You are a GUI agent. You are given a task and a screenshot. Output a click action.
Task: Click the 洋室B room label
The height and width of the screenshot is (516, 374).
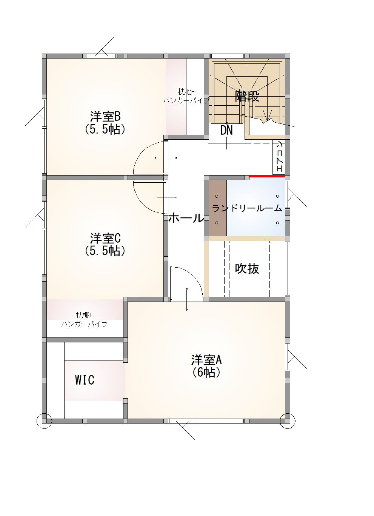(x=105, y=117)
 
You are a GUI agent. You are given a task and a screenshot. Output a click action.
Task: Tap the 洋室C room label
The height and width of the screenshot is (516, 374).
(x=105, y=239)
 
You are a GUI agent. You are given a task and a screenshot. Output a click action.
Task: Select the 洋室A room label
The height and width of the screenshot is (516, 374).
(x=206, y=360)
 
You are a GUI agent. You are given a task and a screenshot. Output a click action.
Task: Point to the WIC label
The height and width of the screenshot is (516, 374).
(x=85, y=380)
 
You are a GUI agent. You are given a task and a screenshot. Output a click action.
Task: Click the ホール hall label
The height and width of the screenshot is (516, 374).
(x=186, y=218)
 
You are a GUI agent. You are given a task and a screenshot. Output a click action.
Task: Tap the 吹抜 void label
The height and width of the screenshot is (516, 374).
(x=247, y=268)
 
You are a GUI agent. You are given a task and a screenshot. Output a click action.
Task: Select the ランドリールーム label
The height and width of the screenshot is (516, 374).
(x=247, y=208)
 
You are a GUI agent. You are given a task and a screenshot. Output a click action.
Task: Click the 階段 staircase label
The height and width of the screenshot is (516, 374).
(x=247, y=97)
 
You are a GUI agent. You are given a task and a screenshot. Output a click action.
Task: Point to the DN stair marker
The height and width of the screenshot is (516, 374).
(x=226, y=130)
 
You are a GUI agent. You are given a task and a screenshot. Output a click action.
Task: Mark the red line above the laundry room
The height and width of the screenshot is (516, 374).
(x=267, y=176)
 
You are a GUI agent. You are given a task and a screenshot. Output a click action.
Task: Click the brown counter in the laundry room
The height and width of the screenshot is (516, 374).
(x=218, y=208)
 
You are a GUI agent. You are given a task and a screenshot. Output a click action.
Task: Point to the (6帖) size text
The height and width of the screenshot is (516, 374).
(x=206, y=372)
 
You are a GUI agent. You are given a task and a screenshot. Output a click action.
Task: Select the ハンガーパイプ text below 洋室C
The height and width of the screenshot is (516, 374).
(x=85, y=324)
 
